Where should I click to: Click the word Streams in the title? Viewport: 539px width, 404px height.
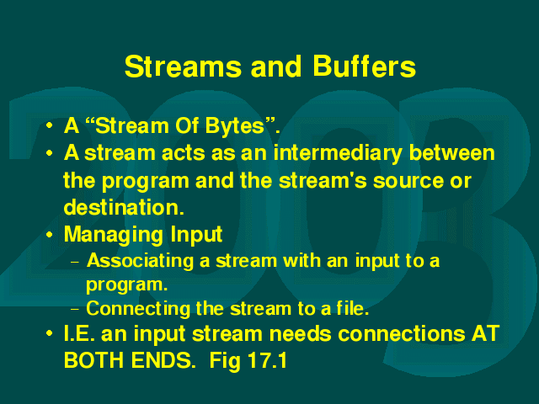[183, 66]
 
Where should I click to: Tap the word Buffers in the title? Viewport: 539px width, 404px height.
[365, 66]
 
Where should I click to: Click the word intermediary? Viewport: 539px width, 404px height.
[338, 153]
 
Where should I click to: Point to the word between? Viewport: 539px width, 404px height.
[451, 152]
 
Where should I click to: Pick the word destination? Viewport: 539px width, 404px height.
[124, 207]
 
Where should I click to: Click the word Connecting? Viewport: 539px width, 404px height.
[138, 310]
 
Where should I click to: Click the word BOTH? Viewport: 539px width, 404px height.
[94, 360]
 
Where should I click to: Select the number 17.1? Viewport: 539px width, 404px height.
[267, 360]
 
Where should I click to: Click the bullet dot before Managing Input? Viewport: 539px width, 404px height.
[50, 235]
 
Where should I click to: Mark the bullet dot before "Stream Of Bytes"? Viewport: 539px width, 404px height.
[50, 125]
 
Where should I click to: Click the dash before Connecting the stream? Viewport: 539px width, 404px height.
[75, 309]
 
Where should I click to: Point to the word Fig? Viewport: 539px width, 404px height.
[225, 361]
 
